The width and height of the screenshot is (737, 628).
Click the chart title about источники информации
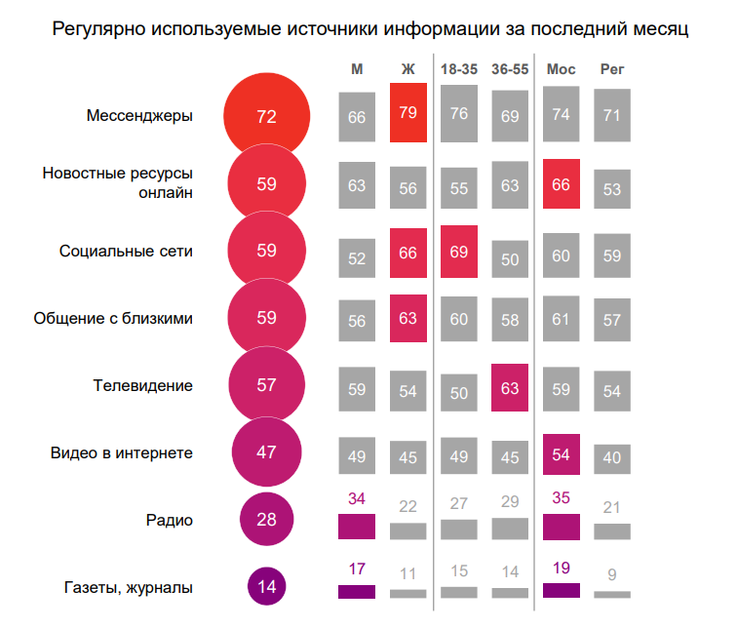pos(369,29)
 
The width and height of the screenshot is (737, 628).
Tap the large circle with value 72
pos(266,116)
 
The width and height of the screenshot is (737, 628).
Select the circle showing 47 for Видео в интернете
pos(266,451)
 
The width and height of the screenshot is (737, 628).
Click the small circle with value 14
pos(266,587)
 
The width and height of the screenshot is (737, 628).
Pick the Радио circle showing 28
pos(266,520)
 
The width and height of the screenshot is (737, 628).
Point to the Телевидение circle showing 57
pos(266,384)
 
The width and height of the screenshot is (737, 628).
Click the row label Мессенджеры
pos(139,116)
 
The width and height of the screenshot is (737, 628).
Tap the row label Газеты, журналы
pos(128,587)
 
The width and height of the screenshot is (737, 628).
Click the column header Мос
pos(561,70)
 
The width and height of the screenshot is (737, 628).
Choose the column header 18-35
pos(458,70)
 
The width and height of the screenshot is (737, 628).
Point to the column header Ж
pos(407,70)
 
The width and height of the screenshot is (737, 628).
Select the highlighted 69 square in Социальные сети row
pos(459,252)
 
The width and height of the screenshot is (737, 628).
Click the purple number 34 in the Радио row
pos(356,499)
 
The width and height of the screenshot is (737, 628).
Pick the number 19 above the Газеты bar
pos(562,568)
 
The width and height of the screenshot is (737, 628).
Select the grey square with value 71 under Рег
pos(612,116)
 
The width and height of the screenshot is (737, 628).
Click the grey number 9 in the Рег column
pos(612,573)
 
